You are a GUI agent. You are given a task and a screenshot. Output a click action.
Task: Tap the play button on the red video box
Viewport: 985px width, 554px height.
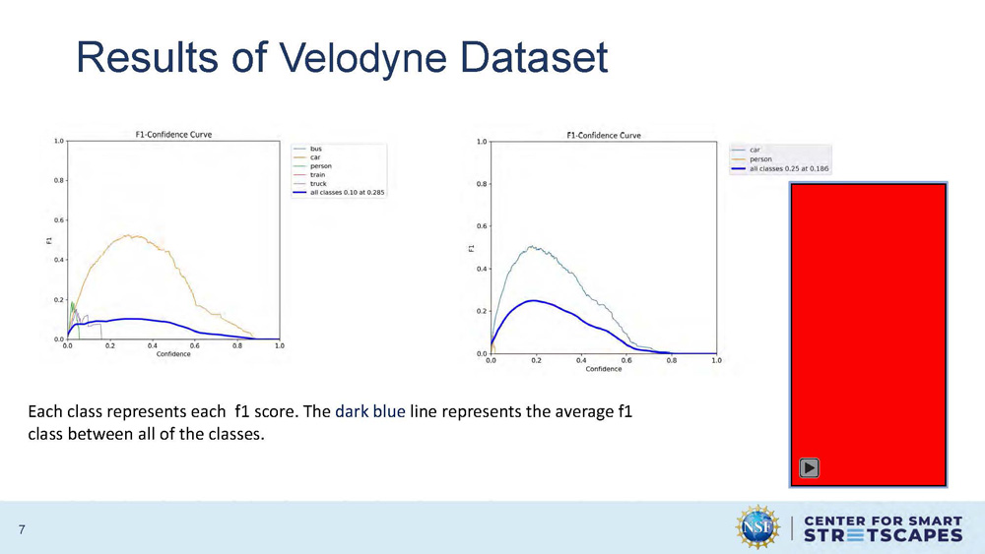(809, 468)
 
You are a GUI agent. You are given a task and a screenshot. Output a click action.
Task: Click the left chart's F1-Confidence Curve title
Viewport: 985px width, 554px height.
(173, 135)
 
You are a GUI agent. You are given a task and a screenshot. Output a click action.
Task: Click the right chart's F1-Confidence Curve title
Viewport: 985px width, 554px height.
(603, 135)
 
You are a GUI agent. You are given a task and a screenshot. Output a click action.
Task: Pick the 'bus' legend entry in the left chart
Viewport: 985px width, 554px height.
(315, 149)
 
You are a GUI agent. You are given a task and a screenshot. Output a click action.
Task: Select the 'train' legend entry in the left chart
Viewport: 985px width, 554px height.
(317, 175)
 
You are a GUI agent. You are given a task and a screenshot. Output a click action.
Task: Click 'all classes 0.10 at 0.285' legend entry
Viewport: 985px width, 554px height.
(347, 193)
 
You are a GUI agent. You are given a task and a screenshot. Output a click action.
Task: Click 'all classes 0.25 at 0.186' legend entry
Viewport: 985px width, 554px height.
(788, 168)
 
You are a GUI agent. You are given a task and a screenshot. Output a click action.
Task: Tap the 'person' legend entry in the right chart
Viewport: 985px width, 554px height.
(760, 159)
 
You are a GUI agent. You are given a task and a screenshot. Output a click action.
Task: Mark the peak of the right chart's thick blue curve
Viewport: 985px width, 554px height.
(533, 301)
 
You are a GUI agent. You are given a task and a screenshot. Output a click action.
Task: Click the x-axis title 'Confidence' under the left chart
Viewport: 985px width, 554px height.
(173, 354)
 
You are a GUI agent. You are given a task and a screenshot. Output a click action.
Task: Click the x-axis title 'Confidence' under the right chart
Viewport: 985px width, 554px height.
(603, 369)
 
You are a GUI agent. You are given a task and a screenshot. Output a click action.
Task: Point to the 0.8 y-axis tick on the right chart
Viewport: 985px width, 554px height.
(480, 184)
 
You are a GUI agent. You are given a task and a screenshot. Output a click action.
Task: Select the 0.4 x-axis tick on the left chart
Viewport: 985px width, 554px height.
(153, 346)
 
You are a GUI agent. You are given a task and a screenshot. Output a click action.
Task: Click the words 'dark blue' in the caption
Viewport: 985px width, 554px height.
(369, 412)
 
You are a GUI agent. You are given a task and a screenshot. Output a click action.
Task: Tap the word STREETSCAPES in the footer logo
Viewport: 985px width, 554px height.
(884, 535)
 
